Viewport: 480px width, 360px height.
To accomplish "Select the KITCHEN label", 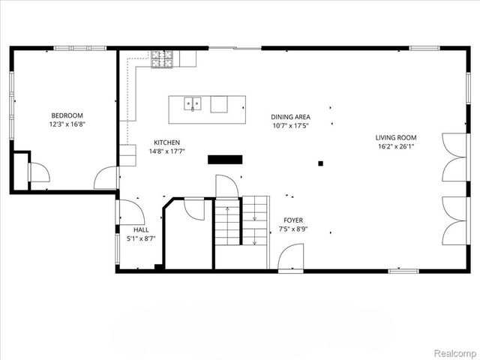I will point(166,142).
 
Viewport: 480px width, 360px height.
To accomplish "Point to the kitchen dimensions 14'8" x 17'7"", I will point(166,151).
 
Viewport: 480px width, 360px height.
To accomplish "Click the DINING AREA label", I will point(290,117).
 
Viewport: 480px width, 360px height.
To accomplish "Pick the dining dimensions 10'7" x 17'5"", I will point(290,126).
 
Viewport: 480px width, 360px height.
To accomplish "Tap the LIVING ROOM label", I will point(396,137).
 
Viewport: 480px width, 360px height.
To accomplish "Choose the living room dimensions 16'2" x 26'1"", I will point(396,147).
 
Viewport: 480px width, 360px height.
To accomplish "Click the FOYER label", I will point(293,220).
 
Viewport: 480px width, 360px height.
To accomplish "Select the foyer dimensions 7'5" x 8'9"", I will point(293,229).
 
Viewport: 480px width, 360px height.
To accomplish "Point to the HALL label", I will point(141,229).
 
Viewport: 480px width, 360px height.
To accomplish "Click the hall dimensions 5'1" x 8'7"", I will point(141,238).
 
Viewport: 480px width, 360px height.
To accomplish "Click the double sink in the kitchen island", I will point(193,104).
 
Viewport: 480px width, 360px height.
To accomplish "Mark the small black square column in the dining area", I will point(320,163).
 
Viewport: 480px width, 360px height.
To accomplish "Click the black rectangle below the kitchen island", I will point(225,159).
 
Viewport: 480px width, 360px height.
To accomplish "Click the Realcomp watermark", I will point(455,351).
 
